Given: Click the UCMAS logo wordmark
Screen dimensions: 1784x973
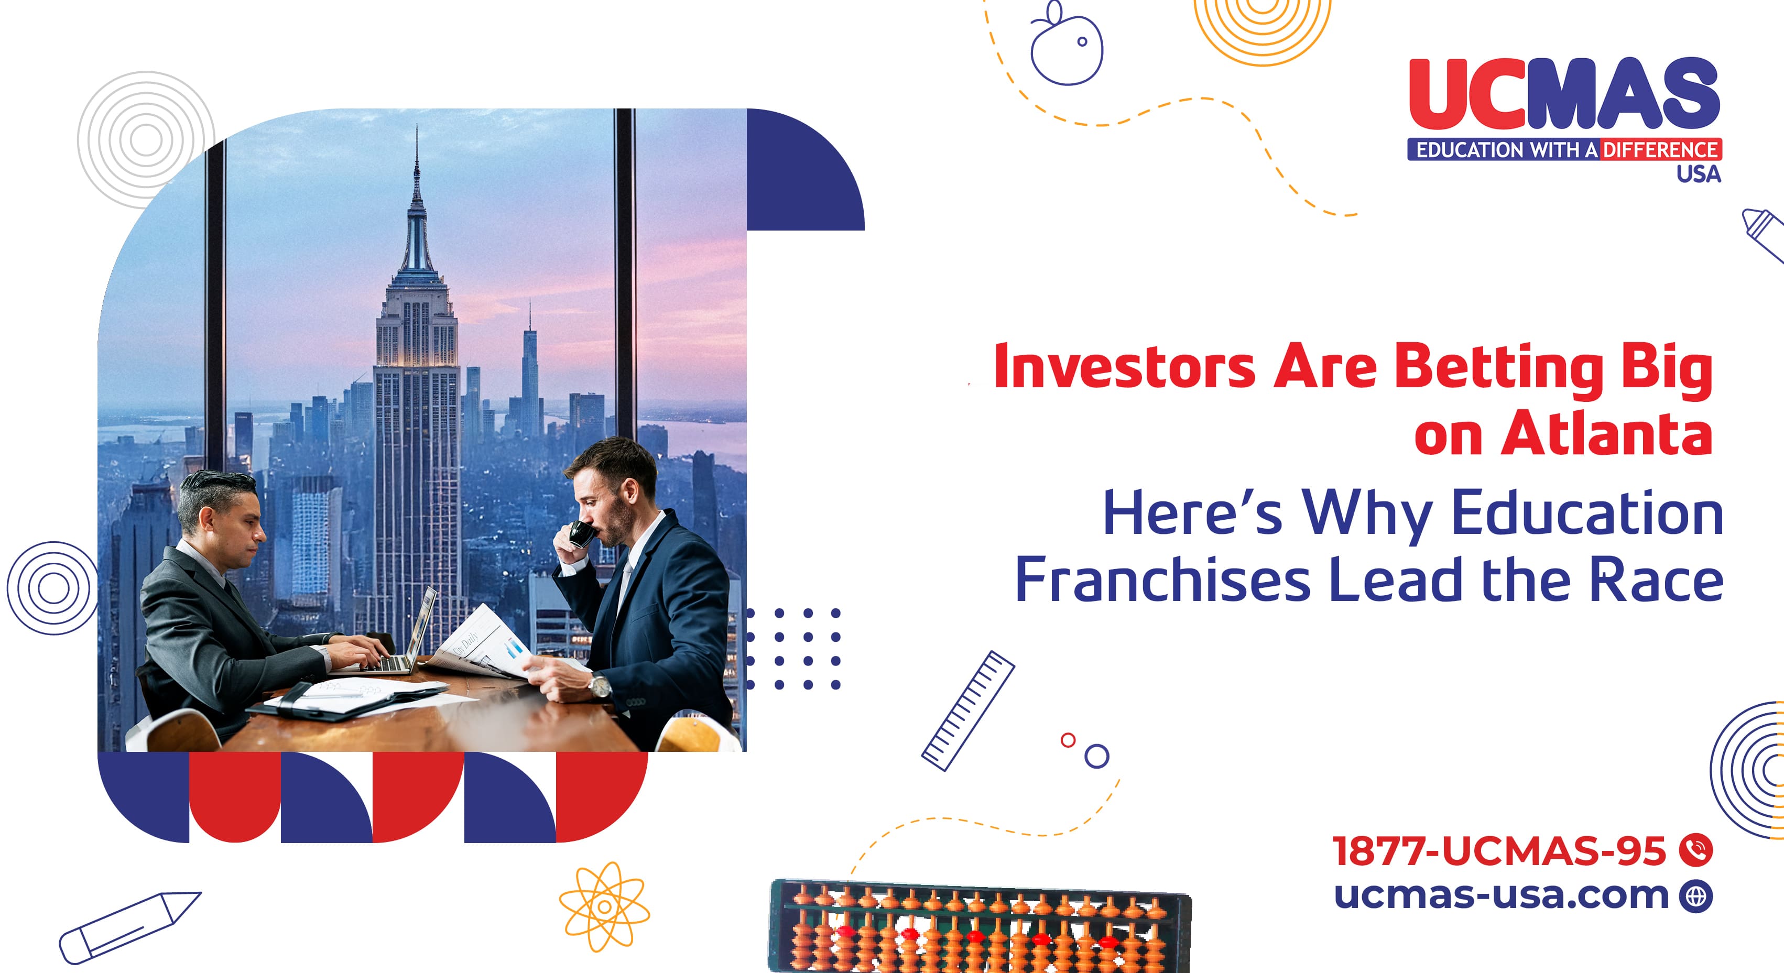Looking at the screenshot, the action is [x=1564, y=93].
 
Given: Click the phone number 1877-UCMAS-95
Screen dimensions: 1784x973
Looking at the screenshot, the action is [x=1499, y=850].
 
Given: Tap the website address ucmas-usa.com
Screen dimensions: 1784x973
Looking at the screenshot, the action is [x=1502, y=895].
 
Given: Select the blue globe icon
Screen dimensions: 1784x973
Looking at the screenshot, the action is [x=1696, y=896].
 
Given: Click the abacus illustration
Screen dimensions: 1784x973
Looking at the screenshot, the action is [x=981, y=926].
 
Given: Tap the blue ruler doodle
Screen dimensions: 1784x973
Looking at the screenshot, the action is [x=967, y=710].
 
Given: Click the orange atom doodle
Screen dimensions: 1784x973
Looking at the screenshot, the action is [x=605, y=906].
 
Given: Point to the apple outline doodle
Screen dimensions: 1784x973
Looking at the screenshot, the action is [x=1067, y=45].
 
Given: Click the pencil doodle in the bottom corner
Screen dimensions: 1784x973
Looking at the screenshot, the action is [x=129, y=927].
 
